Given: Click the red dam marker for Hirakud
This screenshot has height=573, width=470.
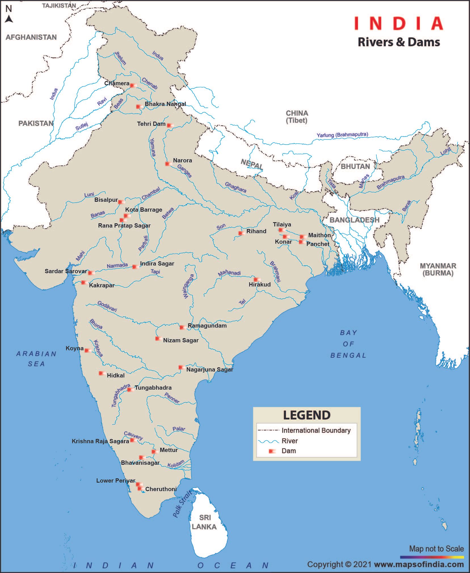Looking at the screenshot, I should (x=257, y=279).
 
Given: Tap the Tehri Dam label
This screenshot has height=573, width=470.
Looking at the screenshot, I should (x=151, y=124).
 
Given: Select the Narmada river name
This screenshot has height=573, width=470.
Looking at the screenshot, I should (x=117, y=266).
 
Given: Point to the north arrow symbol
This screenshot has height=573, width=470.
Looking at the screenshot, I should (x=9, y=19).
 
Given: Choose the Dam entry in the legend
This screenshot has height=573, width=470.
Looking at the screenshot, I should (x=288, y=451).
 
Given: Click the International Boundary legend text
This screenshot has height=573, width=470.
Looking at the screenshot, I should (x=316, y=430).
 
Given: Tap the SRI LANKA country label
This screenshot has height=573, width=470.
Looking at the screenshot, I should (x=204, y=522).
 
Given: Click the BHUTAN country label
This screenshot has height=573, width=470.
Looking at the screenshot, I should (x=355, y=166).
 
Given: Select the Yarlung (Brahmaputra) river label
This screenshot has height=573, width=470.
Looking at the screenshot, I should (x=342, y=135).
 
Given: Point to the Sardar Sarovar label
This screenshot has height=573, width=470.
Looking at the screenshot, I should (x=66, y=271).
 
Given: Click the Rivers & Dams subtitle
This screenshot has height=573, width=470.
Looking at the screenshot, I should (x=399, y=42).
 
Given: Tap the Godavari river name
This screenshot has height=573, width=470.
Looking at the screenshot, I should (x=107, y=306).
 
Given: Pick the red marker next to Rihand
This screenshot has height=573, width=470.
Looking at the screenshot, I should (x=241, y=233).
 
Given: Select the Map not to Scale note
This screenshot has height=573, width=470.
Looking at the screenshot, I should (x=436, y=549).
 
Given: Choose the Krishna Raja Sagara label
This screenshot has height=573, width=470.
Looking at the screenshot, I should (x=100, y=441).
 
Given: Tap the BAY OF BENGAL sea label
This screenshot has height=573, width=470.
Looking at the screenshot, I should (x=348, y=344).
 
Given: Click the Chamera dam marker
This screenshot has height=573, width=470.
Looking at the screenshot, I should (x=133, y=85).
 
